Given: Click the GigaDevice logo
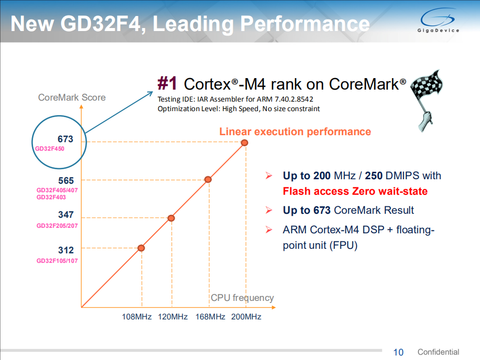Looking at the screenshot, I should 438,23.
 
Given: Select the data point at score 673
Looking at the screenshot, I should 244,143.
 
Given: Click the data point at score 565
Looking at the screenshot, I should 208,179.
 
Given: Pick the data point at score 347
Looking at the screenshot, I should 171,218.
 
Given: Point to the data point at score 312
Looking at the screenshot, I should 141,248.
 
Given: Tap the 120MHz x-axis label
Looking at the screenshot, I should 173,317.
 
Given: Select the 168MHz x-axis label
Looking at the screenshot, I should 210,317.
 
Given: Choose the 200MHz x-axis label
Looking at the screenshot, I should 246,317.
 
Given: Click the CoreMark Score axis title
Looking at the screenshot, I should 72,97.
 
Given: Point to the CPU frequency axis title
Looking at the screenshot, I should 242,298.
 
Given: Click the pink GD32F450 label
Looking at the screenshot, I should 50,149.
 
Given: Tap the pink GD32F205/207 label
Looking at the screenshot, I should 57,226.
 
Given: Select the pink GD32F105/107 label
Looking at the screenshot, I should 57,261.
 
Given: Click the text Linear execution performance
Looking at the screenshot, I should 295,132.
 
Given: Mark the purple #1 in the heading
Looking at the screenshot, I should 168,83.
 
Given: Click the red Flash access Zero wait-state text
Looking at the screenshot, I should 355,191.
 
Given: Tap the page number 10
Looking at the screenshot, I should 398,352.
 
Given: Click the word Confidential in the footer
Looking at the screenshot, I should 438,352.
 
